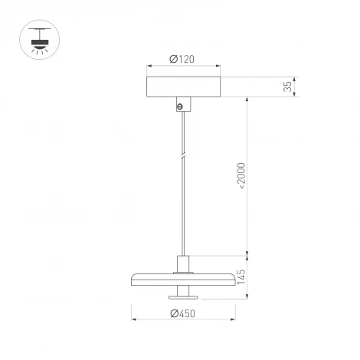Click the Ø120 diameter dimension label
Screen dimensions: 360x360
pyautogui.click(x=182, y=59)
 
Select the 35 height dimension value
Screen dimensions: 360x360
pyautogui.click(x=287, y=87)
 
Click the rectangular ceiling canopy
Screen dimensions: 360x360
pyautogui.click(x=182, y=87)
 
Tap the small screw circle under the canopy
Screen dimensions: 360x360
pyautogui.click(x=181, y=108)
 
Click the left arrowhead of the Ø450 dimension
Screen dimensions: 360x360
pyautogui.click(x=135, y=319)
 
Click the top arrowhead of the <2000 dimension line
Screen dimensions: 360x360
pyautogui.click(x=247, y=100)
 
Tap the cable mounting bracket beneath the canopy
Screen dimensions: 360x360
pyautogui.click(x=182, y=104)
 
